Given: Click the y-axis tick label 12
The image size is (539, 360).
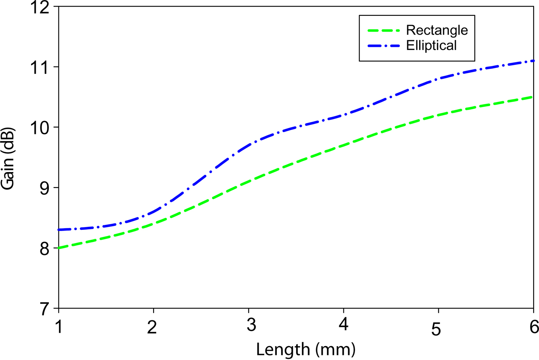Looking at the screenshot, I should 40,7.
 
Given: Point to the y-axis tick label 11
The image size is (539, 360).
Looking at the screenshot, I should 40,68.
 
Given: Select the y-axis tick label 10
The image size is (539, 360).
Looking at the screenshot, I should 40,128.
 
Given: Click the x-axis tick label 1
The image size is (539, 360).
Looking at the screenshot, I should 59,327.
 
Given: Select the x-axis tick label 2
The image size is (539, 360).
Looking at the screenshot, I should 153,327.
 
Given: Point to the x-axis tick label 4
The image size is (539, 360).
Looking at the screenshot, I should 343,324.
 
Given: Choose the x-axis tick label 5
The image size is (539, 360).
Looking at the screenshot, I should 436,329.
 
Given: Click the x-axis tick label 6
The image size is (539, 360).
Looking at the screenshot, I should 534,327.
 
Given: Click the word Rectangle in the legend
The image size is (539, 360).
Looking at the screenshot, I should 437,30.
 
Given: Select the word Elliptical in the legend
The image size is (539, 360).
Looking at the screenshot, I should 431,45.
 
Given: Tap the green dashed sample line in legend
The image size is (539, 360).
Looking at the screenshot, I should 384,30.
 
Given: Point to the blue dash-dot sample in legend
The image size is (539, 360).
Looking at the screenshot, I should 384,45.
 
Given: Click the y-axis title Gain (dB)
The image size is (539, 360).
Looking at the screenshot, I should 8,159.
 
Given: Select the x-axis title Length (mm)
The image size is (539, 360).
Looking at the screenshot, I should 306,350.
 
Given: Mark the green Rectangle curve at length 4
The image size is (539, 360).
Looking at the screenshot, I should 343,146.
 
